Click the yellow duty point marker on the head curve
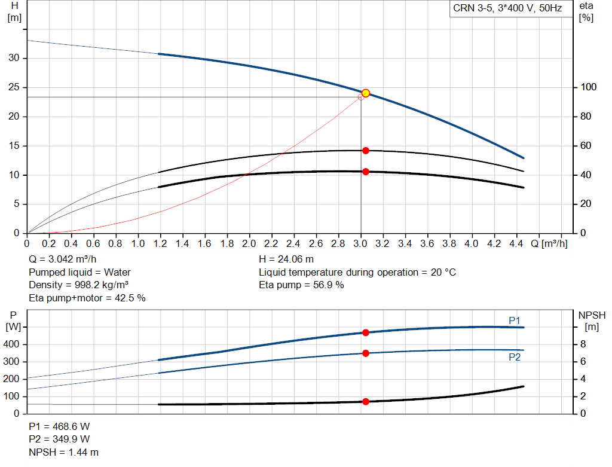coord(366,93)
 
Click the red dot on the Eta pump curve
coord(366,151)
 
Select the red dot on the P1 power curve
coord(366,332)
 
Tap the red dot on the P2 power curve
coord(366,353)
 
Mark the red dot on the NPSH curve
coord(366,402)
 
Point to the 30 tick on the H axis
coord(16,58)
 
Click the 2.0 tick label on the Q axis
coord(249,244)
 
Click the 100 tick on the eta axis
coord(589,87)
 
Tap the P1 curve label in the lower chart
coord(515,321)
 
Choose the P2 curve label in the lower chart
coord(515,357)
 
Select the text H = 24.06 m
coord(286,260)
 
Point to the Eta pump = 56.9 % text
coord(301,285)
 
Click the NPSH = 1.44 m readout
coord(64,452)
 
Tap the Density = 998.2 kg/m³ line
coord(79,285)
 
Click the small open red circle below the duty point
coord(360,97)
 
